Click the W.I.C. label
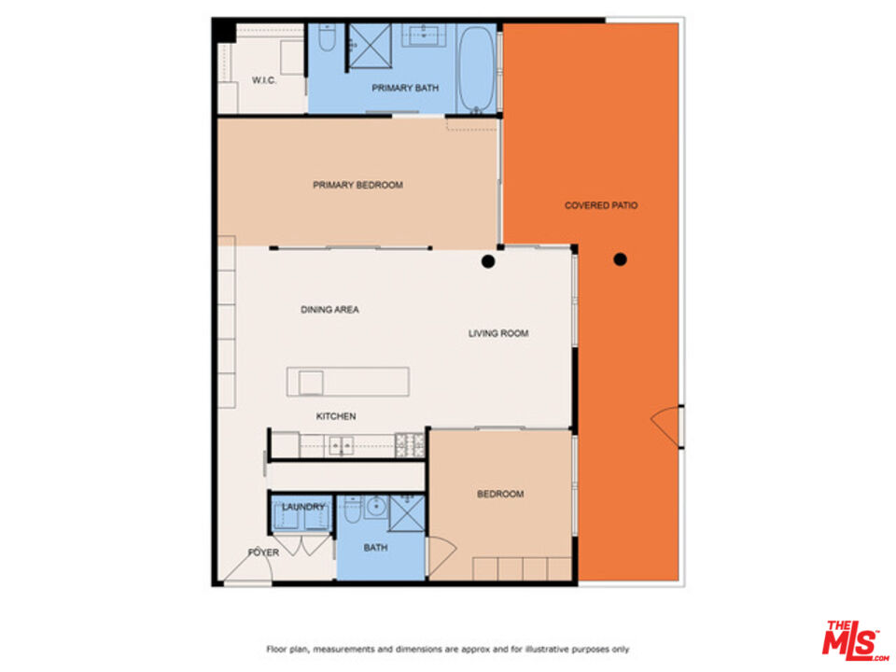[263, 81]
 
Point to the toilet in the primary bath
[326, 39]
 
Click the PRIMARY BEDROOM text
[357, 185]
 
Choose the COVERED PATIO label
[601, 205]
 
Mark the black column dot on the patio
[620, 259]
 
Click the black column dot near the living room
[487, 261]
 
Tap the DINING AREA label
[329, 310]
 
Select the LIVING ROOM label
[498, 333]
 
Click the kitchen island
[347, 381]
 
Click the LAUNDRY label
[303, 508]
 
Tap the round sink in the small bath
[374, 507]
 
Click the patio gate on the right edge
[668, 426]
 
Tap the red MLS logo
[854, 639]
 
